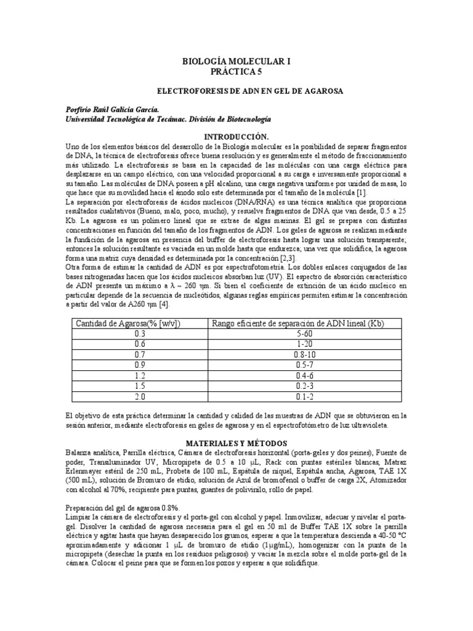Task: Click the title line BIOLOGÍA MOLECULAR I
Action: pyautogui.click(x=236, y=62)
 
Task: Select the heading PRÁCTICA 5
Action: pyautogui.click(x=236, y=71)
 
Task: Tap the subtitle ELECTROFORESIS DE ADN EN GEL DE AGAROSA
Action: pyautogui.click(x=236, y=91)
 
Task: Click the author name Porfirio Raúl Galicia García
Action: pyautogui.click(x=116, y=109)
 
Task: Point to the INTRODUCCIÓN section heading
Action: pyautogui.click(x=236, y=136)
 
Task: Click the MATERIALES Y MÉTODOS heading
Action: pyautogui.click(x=236, y=443)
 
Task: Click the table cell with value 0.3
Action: pyautogui.click(x=137, y=335)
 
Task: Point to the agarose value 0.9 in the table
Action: pyautogui.click(x=137, y=365)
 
